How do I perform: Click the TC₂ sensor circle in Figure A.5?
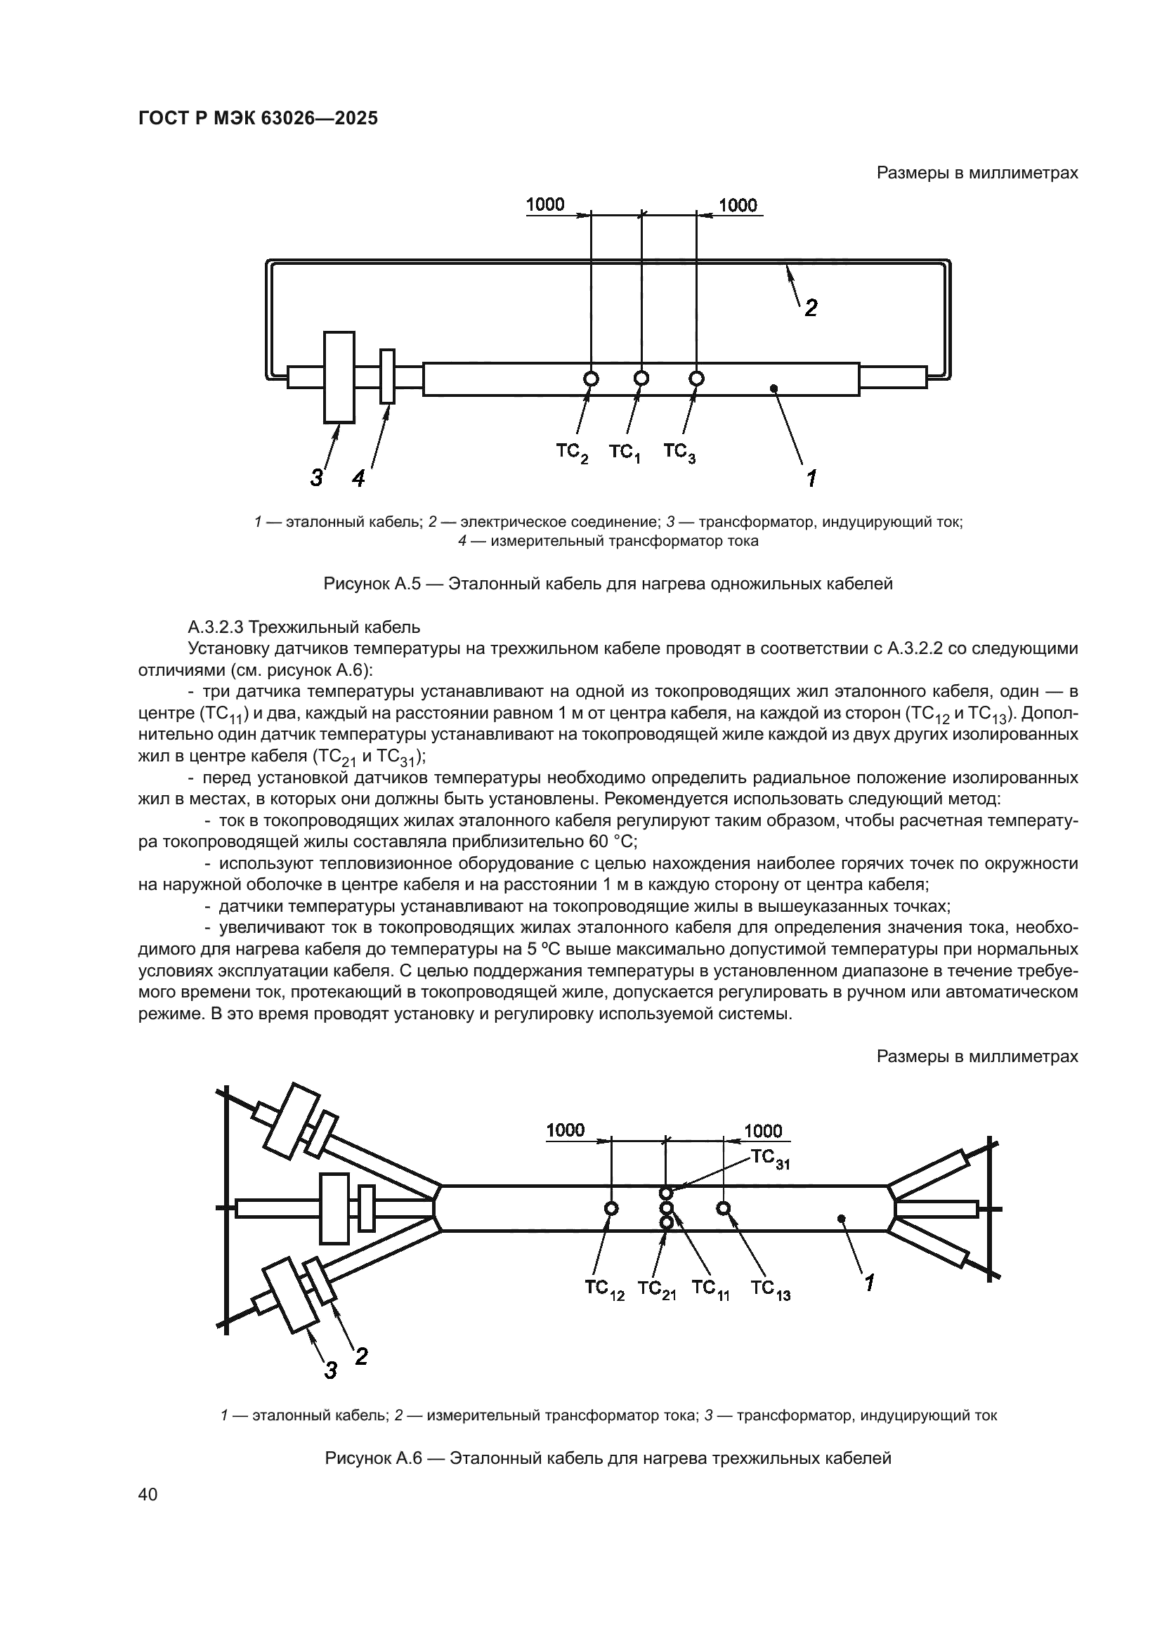point(591,379)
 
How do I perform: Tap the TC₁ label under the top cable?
point(624,453)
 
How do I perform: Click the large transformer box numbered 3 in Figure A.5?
point(339,377)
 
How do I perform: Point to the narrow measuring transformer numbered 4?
point(387,377)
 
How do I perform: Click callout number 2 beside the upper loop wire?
point(811,308)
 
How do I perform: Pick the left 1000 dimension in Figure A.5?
point(545,204)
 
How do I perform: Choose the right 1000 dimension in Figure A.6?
point(763,1132)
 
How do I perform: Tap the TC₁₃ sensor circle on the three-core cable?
point(724,1209)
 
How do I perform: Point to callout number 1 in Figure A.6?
point(869,1284)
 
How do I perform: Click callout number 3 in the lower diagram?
point(330,1372)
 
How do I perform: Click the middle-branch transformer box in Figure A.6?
point(334,1209)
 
